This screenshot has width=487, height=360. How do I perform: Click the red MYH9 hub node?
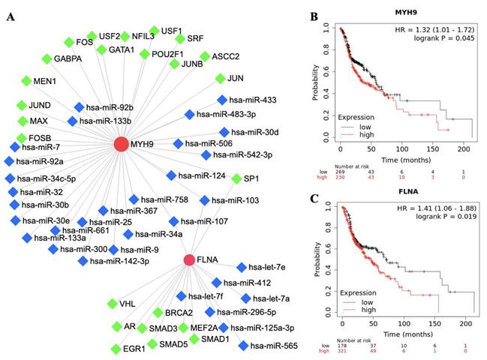(120, 142)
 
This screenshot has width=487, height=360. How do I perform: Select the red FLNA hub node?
(189, 259)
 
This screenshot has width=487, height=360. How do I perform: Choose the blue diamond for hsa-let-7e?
(241, 267)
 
